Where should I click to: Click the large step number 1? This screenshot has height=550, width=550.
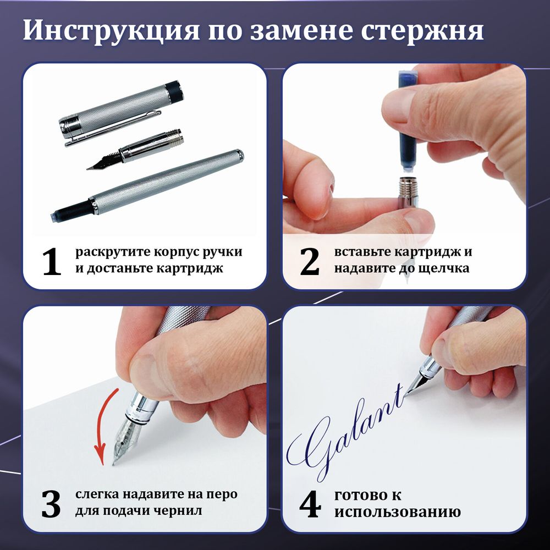pyautogui.click(x=52, y=262)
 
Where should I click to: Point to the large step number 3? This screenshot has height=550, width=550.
pyautogui.click(x=51, y=504)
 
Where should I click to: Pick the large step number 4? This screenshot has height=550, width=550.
pyautogui.click(x=310, y=504)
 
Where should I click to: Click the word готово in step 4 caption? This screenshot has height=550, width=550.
pyautogui.click(x=360, y=494)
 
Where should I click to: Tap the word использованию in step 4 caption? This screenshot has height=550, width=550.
pyautogui.click(x=397, y=512)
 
